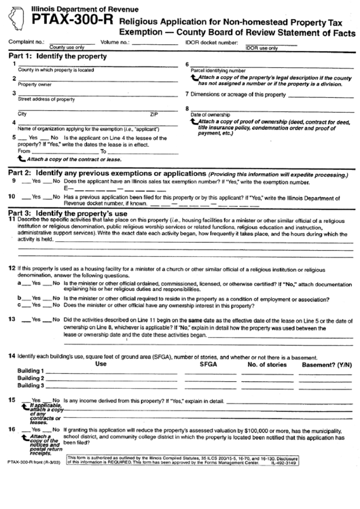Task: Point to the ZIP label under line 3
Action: tap(154, 113)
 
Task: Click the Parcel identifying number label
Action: tap(217, 70)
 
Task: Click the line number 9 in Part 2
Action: tap(14, 181)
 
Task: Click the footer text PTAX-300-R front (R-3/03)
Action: tap(35, 480)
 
